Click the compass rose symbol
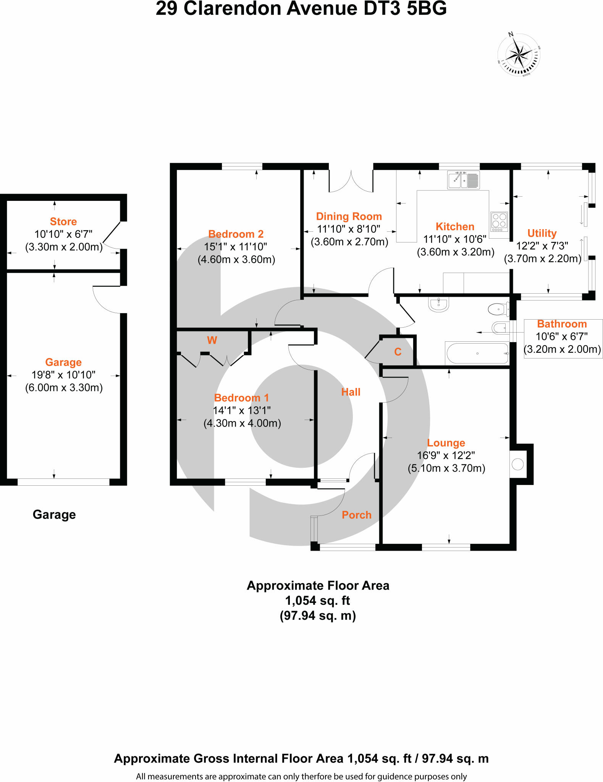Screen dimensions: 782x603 [x=519, y=55]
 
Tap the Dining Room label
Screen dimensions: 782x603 [x=349, y=217]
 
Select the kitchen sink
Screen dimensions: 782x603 [x=463, y=179]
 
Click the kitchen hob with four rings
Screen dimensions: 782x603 [x=499, y=221]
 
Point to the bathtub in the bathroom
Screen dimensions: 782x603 [x=477, y=354]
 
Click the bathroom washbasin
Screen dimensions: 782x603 [x=439, y=305]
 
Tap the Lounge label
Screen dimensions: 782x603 [x=446, y=443]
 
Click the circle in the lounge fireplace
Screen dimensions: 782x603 [x=517, y=464]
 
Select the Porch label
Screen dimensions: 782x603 [x=356, y=515]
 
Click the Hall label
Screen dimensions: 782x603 [x=351, y=392]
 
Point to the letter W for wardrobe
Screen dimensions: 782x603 [x=212, y=340]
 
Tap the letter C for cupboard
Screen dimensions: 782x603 [x=398, y=352]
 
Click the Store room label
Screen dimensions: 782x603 [x=63, y=221]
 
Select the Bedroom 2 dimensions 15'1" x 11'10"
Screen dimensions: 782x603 [x=236, y=247]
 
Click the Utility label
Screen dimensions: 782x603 [x=542, y=233]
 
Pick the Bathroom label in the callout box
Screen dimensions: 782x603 [x=562, y=324]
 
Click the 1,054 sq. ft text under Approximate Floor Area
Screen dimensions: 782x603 [x=317, y=601]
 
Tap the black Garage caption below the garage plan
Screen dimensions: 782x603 [x=54, y=514]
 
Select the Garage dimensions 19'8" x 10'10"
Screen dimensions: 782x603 [x=63, y=375]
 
